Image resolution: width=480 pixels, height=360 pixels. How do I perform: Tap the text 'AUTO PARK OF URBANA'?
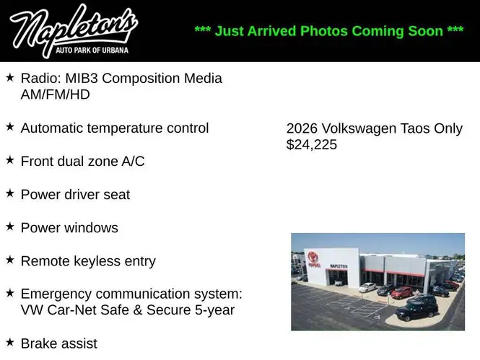(x=92, y=51)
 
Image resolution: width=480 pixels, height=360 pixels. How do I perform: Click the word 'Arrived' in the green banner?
(x=271, y=31)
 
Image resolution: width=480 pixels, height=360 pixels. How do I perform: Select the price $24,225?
(x=312, y=144)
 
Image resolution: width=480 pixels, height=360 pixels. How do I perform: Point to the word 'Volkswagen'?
(x=359, y=128)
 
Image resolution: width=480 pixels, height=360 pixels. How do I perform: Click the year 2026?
(x=302, y=128)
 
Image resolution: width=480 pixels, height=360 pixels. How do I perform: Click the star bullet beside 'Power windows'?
(x=10, y=227)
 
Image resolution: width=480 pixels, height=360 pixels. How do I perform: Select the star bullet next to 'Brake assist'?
(x=10, y=342)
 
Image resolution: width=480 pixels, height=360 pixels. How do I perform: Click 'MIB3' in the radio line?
(x=82, y=79)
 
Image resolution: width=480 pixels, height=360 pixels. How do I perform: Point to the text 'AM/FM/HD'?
(x=55, y=95)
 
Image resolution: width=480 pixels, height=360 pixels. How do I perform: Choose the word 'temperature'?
(x=125, y=128)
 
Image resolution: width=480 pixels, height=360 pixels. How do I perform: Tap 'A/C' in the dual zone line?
(x=133, y=161)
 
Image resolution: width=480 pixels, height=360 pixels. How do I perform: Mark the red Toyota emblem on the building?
(x=313, y=257)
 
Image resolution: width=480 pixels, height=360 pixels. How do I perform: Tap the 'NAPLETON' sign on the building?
(x=339, y=266)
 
